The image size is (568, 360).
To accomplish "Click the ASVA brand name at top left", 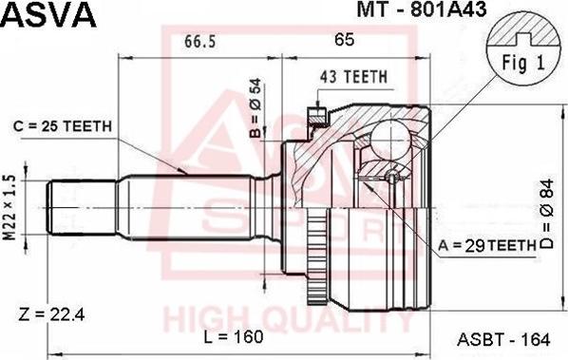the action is [x=48, y=14].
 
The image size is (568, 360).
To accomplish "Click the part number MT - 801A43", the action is [x=422, y=9].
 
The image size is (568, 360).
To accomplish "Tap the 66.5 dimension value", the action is [x=200, y=41].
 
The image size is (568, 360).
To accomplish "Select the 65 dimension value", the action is [x=344, y=40].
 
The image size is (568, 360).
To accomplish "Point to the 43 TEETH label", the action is [x=354, y=77].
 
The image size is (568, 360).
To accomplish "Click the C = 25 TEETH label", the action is [x=63, y=126].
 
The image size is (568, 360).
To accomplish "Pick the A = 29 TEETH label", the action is [x=487, y=246].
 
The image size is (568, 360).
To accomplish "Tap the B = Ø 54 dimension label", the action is [x=256, y=108].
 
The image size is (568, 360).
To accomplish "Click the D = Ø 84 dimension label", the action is [x=547, y=214].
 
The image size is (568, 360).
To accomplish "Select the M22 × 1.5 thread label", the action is [x=9, y=208].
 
